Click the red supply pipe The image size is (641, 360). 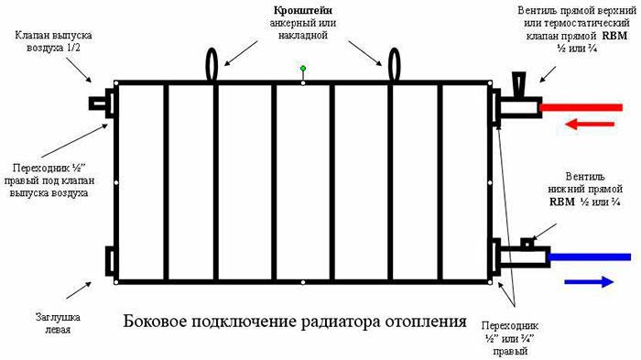click(581, 107)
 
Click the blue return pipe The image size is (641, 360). click(589, 256)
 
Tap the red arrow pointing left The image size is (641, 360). click(590, 124)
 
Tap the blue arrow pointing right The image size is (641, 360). click(589, 282)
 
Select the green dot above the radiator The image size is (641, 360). click(303, 69)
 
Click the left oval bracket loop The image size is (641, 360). click(212, 65)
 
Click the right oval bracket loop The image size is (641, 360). click(394, 65)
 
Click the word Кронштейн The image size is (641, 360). click(303, 11)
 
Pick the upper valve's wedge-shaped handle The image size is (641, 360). click(519, 85)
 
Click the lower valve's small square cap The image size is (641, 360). click(527, 243)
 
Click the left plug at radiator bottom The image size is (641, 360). click(110, 261)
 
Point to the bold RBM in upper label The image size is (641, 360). click(614, 36)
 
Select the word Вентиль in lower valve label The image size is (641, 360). click(585, 177)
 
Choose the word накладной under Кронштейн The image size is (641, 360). click(303, 35)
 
